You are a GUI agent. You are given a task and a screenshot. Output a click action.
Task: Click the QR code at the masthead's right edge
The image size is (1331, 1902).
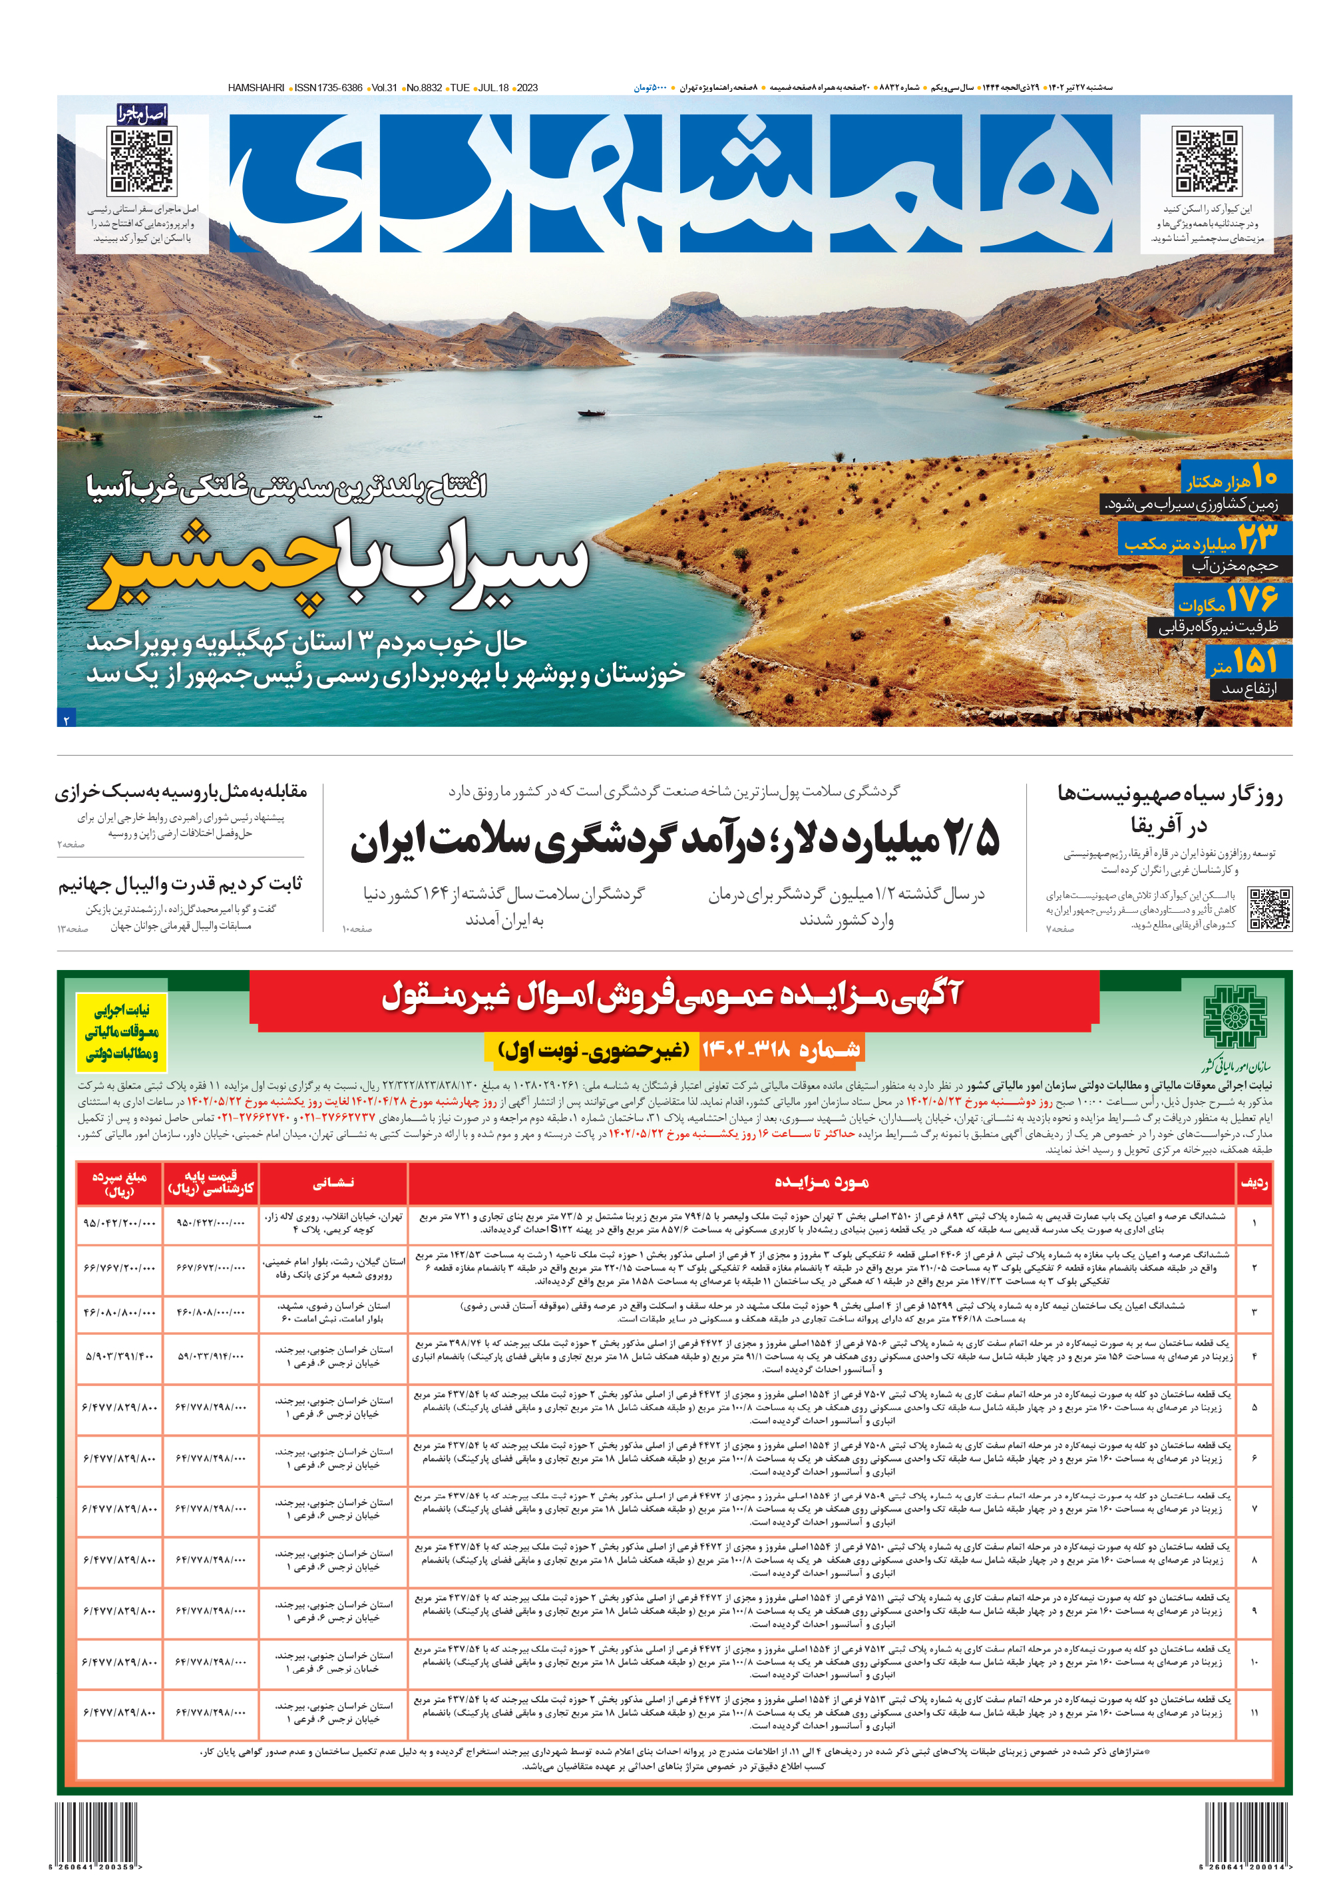click(x=1205, y=160)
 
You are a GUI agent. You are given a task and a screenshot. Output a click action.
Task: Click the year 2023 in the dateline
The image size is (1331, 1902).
click(x=527, y=88)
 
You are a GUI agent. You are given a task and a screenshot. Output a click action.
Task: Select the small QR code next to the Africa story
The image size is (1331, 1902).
click(x=1269, y=909)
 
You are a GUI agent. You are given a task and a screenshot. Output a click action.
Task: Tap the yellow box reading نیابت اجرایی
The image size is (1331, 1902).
click(x=122, y=1032)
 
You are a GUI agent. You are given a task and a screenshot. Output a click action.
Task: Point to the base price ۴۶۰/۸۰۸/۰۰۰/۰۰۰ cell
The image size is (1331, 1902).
click(x=210, y=1312)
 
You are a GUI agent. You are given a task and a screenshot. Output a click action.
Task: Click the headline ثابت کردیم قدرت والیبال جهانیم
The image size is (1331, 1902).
click(x=180, y=885)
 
